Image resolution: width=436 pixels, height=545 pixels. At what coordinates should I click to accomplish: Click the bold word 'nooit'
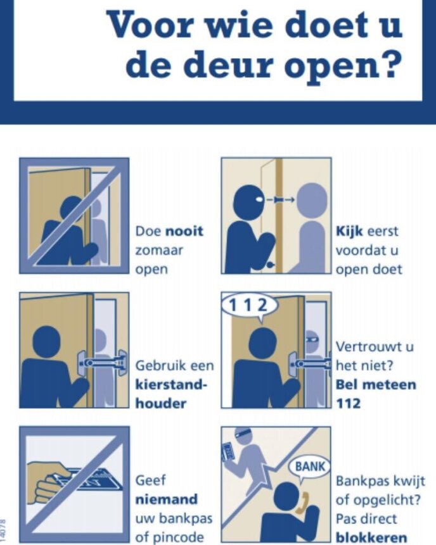(184, 231)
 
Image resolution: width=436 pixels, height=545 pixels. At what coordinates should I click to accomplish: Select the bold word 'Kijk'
(349, 231)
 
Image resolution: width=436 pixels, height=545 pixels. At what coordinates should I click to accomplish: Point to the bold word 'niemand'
(166, 499)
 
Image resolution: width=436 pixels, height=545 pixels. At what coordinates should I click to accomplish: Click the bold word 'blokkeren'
(371, 537)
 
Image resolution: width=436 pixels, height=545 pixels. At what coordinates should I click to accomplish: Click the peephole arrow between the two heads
(281, 200)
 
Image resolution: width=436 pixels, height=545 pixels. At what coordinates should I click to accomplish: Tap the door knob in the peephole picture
(271, 265)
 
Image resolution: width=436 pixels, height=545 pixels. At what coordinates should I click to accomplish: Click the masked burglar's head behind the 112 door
(313, 340)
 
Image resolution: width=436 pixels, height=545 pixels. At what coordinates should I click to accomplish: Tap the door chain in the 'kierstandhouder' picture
(103, 363)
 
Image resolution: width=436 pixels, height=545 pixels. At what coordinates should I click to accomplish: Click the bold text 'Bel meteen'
(376, 385)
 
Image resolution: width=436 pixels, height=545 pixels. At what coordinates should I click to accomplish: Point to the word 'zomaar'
(159, 250)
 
